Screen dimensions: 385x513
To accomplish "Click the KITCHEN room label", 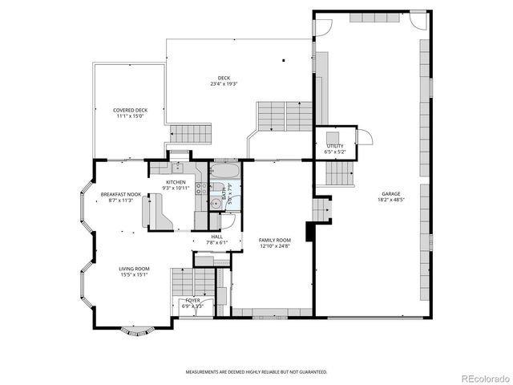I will (x=176, y=182).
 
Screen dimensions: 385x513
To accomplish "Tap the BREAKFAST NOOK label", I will (x=121, y=195).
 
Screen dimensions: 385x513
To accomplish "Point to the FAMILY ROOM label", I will (x=274, y=240).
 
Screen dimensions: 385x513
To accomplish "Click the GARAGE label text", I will (x=390, y=193).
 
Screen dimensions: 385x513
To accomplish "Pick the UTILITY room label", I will (x=334, y=145).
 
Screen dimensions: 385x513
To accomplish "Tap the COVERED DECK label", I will (x=130, y=110).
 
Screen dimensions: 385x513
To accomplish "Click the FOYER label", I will (x=192, y=300).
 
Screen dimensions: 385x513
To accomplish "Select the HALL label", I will (x=216, y=237).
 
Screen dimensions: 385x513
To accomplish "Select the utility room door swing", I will (x=364, y=136).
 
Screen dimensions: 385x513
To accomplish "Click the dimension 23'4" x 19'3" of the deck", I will (x=224, y=83).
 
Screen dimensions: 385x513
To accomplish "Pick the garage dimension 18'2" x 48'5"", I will (x=390, y=200).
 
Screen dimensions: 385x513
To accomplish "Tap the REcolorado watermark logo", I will (x=483, y=377).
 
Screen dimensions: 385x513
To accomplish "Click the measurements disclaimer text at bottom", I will (x=256, y=372).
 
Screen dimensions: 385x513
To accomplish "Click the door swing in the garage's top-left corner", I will (x=322, y=26).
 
